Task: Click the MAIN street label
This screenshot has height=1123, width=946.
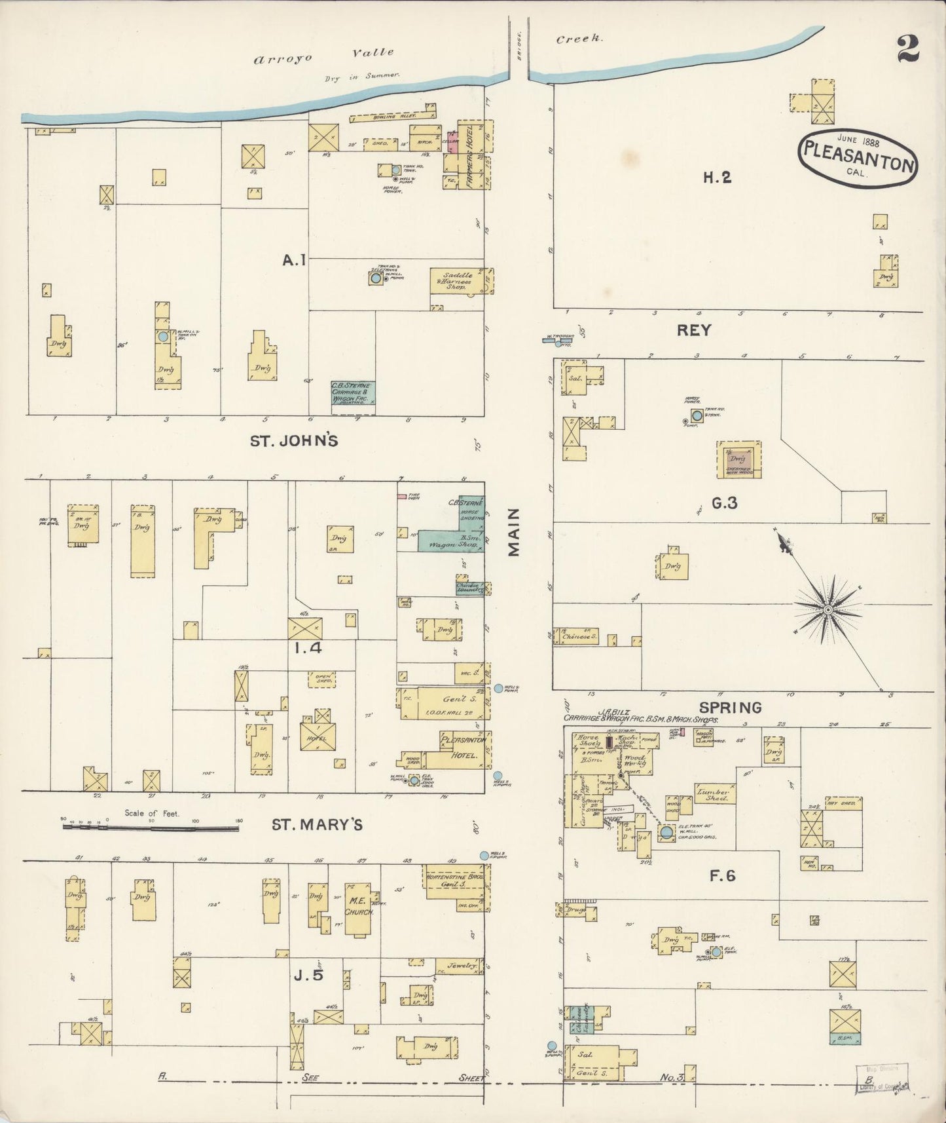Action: point(514,532)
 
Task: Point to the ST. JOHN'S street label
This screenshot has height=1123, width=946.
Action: point(294,441)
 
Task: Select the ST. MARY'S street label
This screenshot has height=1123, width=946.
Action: point(317,825)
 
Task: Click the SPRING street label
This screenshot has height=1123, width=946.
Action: point(730,708)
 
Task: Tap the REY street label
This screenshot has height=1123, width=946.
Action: point(693,331)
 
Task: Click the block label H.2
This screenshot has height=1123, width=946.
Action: point(717,177)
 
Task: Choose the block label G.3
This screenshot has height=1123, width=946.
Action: point(724,503)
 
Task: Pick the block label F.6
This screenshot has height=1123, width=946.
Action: point(722,875)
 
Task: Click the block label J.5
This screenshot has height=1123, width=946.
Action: point(308,976)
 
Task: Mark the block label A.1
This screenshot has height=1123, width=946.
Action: point(294,261)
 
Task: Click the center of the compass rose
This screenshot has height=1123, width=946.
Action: point(828,610)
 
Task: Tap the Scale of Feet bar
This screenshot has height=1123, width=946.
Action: point(151,828)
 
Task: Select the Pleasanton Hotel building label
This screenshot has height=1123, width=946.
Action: point(464,748)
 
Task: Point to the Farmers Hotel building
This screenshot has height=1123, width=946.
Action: point(470,156)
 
